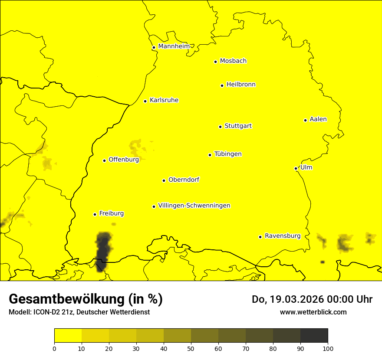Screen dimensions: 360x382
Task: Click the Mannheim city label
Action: [174, 46]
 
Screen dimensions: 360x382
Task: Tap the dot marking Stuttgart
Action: [220, 127]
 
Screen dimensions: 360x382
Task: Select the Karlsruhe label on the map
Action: [164, 100]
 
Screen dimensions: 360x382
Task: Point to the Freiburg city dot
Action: [95, 214]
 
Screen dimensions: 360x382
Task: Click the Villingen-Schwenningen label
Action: [194, 206]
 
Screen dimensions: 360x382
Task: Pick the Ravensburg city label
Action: [282, 236]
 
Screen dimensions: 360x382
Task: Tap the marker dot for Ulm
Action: [296, 168]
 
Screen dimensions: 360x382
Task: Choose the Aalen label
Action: [318, 119]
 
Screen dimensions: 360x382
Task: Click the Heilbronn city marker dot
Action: [222, 85]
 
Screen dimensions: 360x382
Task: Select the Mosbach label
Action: [233, 61]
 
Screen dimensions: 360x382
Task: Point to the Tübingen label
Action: [227, 154]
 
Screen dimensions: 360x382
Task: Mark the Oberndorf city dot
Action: [164, 180]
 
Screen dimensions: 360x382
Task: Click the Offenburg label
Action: [123, 160]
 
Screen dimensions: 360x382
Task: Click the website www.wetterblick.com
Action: [313, 312]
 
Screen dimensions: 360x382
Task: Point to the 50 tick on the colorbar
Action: [191, 348]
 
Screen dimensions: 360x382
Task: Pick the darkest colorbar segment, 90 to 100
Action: [314, 335]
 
